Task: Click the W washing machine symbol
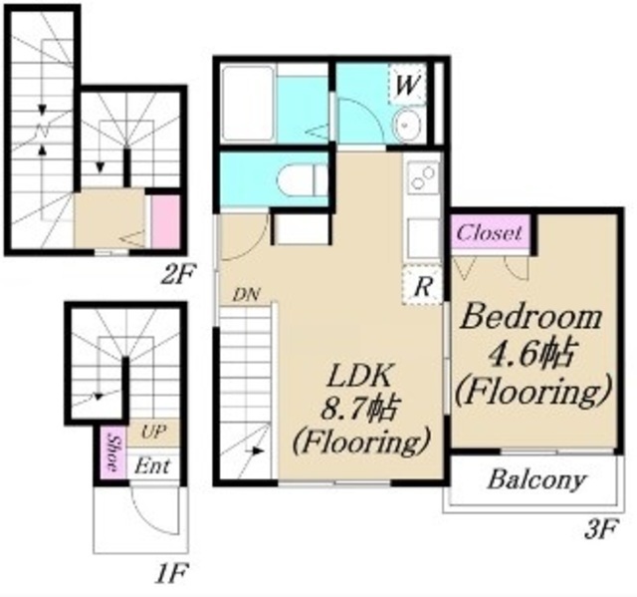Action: pyautogui.click(x=407, y=85)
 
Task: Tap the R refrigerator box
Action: pyautogui.click(x=422, y=285)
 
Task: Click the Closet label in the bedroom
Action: pyautogui.click(x=489, y=233)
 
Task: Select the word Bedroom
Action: pyautogui.click(x=531, y=317)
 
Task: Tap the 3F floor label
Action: pyautogui.click(x=601, y=529)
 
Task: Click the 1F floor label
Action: pyautogui.click(x=171, y=573)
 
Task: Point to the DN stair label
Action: pyautogui.click(x=246, y=294)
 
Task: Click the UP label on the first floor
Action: pyautogui.click(x=153, y=432)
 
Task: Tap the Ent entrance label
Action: pyautogui.click(x=152, y=465)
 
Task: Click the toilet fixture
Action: pyautogui.click(x=303, y=178)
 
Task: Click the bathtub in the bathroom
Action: pyautogui.click(x=248, y=103)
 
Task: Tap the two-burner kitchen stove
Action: pyautogui.click(x=423, y=177)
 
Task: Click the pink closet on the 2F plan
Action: pyautogui.click(x=165, y=221)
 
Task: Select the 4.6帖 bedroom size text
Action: pyautogui.click(x=531, y=354)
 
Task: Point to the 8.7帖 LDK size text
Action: pyautogui.click(x=359, y=408)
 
